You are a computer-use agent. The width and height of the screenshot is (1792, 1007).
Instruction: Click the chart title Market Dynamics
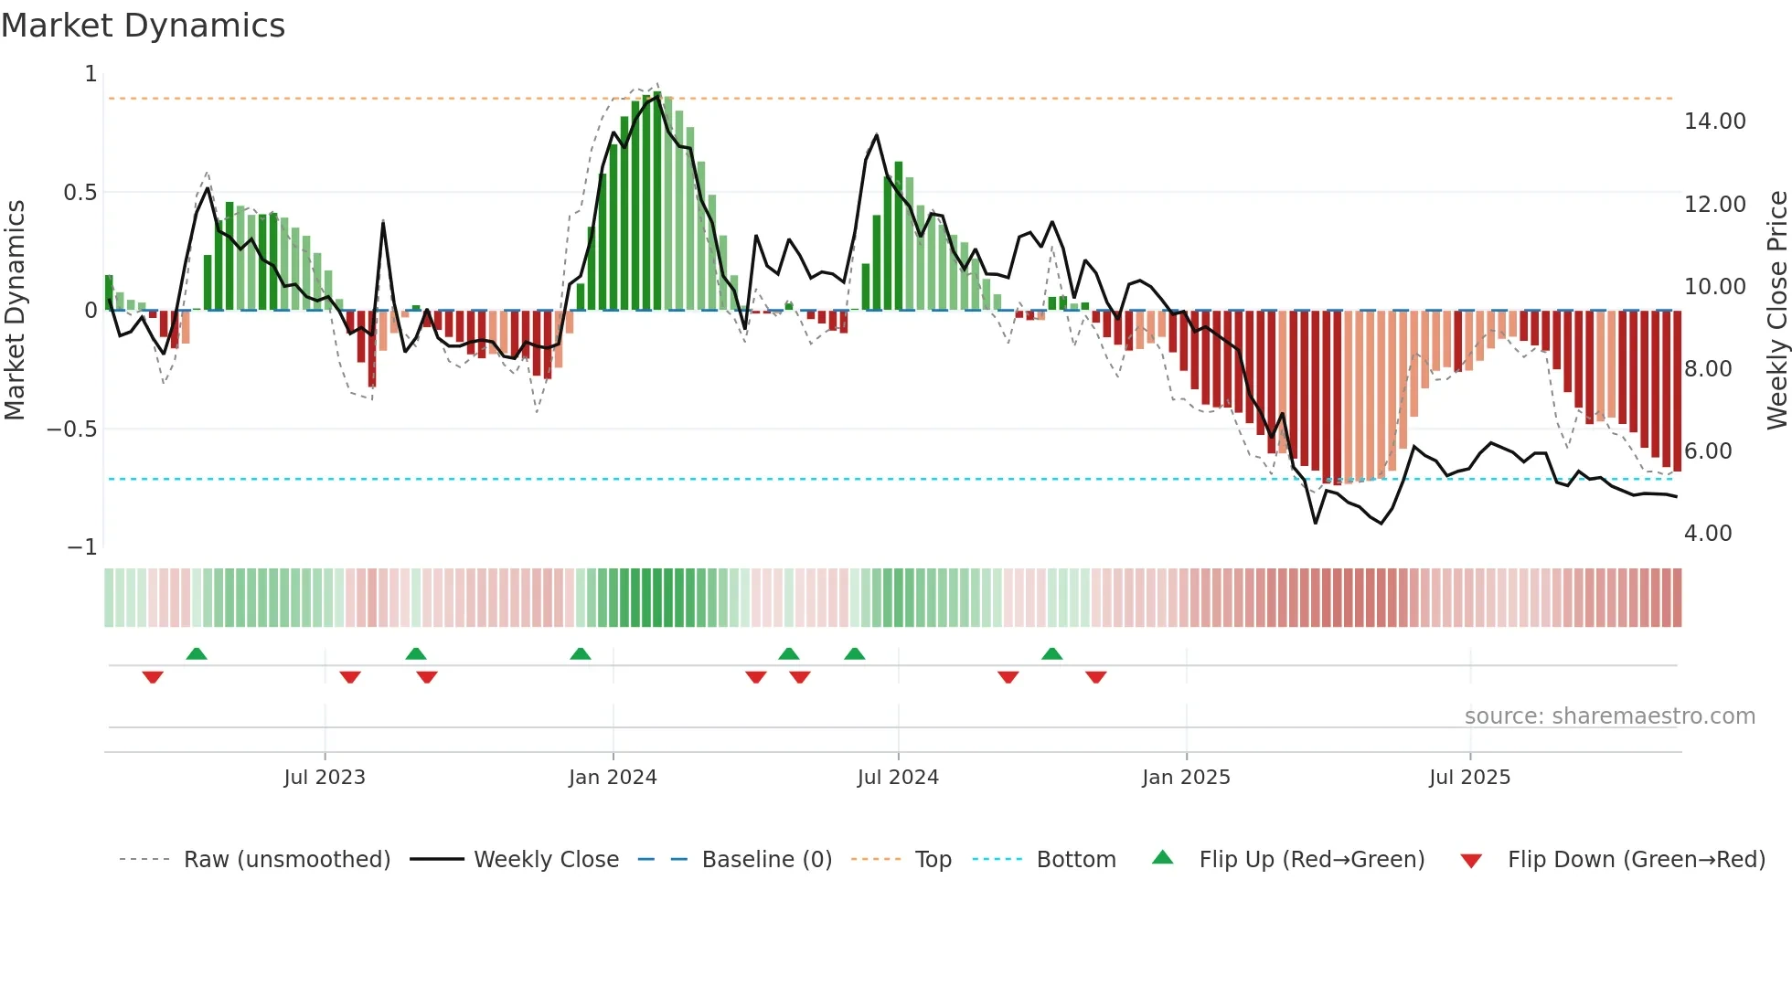pos(144,26)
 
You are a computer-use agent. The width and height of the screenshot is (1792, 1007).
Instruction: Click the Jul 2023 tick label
pos(324,778)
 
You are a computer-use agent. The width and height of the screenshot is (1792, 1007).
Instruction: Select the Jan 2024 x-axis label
pos(613,778)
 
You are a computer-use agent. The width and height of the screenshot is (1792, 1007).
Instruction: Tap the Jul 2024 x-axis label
pos(898,778)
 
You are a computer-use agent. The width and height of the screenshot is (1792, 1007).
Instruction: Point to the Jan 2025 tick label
pos(1186,778)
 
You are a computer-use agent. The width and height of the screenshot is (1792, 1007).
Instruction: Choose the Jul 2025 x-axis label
pos(1469,778)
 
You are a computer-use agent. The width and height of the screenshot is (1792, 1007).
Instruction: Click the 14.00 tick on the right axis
pos(1714,122)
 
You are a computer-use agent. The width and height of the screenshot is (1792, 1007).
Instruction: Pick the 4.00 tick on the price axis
pos(1707,534)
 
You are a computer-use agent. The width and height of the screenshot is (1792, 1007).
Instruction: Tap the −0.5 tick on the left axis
pos(72,429)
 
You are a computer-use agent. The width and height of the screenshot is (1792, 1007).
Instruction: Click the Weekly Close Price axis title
pos(1776,311)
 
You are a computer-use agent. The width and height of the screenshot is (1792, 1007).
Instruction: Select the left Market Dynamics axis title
pos(15,311)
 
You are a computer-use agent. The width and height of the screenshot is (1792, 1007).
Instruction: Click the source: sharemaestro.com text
pos(1609,716)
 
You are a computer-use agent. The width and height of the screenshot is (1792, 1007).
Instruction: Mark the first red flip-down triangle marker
pos(153,677)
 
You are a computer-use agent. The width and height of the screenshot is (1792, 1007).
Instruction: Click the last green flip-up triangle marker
pos(1051,653)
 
